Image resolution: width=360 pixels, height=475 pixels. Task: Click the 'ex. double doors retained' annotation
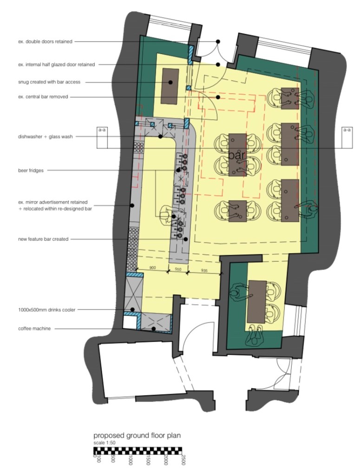tap(45, 41)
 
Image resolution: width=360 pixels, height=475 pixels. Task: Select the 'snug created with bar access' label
tap(49, 82)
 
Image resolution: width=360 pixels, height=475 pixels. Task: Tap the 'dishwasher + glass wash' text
tap(46, 137)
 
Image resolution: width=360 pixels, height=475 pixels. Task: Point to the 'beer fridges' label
tap(31, 170)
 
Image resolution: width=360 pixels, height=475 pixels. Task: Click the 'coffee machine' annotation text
tap(34, 329)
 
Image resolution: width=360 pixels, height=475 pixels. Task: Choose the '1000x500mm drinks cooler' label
tap(46, 310)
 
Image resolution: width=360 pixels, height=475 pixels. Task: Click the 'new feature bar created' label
tap(43, 239)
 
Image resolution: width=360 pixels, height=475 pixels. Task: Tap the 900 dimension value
tap(152, 268)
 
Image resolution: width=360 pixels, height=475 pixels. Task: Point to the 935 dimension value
tap(204, 271)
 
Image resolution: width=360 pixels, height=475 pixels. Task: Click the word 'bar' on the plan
tap(236, 156)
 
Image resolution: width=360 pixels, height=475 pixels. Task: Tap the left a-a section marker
tap(102, 137)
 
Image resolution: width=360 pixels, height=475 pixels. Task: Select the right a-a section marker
tap(347, 137)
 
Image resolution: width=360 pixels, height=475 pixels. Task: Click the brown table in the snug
tap(170, 86)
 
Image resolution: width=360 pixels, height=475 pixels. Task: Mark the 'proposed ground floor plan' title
tap(137, 436)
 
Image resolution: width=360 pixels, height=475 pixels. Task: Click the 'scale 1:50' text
tap(104, 442)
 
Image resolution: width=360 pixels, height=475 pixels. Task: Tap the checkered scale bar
tap(138, 451)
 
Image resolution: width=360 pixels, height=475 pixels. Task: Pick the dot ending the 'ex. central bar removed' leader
tap(218, 97)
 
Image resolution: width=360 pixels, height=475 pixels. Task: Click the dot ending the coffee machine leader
tap(154, 329)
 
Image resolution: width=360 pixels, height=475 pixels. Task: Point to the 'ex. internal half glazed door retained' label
tap(56, 65)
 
